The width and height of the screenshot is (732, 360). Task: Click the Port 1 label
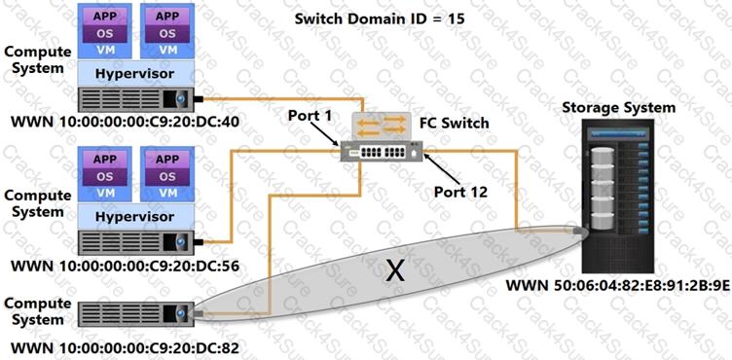[310, 116]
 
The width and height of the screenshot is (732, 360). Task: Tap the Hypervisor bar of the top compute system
[137, 72]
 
